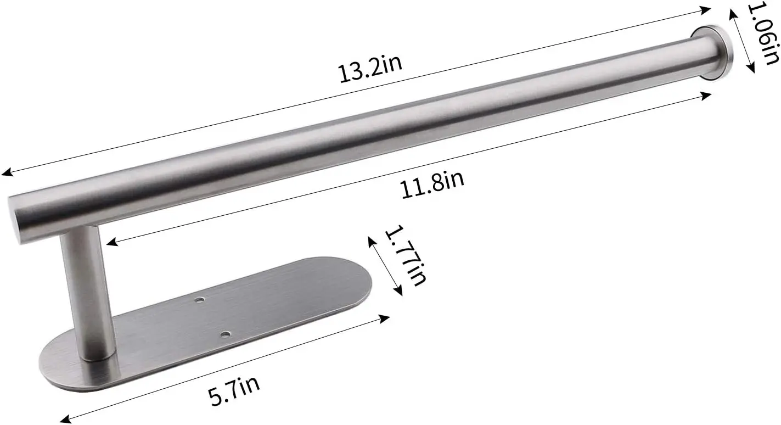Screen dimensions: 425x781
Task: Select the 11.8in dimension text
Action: click(432, 184)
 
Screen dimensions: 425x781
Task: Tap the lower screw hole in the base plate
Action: click(225, 333)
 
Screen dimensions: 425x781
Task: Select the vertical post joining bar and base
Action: click(85, 291)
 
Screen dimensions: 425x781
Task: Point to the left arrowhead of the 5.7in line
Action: click(64, 420)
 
